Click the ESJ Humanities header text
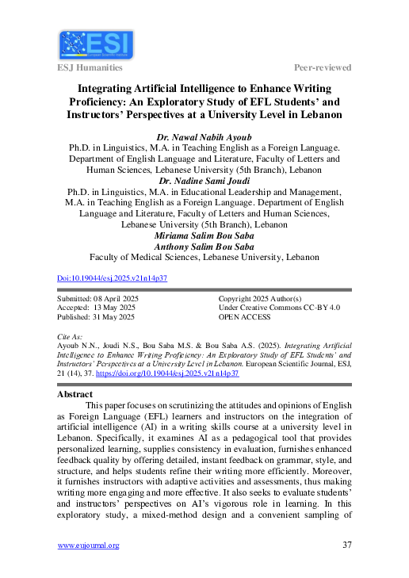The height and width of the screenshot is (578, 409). [x=90, y=67]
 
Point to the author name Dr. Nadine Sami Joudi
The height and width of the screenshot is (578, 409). [x=204, y=181]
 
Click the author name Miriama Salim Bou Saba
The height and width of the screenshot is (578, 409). [x=204, y=235]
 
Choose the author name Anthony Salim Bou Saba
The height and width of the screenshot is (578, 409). [x=204, y=247]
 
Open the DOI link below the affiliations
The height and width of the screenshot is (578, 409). [x=113, y=279]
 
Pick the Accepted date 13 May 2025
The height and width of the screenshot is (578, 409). [x=97, y=308]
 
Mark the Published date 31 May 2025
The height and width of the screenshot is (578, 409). [x=96, y=317]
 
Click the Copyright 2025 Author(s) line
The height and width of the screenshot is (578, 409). [x=260, y=298]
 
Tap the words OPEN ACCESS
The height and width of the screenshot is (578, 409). [x=244, y=317]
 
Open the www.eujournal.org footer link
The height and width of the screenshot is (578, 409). [x=89, y=545]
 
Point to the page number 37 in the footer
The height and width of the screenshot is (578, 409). [x=346, y=545]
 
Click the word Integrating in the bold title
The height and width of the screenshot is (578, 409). [x=113, y=87]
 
